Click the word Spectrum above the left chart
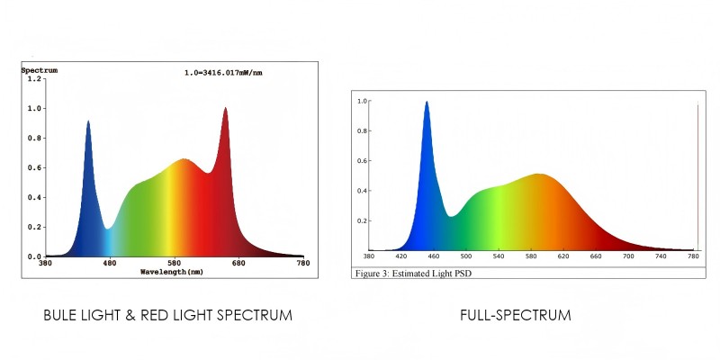tap(40, 69)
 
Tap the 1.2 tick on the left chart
tap(34, 79)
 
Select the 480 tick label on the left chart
tap(109, 263)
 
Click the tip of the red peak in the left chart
tap(226, 109)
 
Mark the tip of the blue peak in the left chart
tap(88, 121)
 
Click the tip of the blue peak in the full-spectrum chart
tap(427, 103)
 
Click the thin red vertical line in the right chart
tap(697, 180)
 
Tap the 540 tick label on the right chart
tap(499, 256)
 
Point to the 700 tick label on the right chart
tap(628, 256)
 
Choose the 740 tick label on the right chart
tap(661, 256)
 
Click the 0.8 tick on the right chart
tap(362, 130)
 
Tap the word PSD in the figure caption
tap(460, 273)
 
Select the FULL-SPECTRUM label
tap(515, 316)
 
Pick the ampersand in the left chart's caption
tap(133, 316)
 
